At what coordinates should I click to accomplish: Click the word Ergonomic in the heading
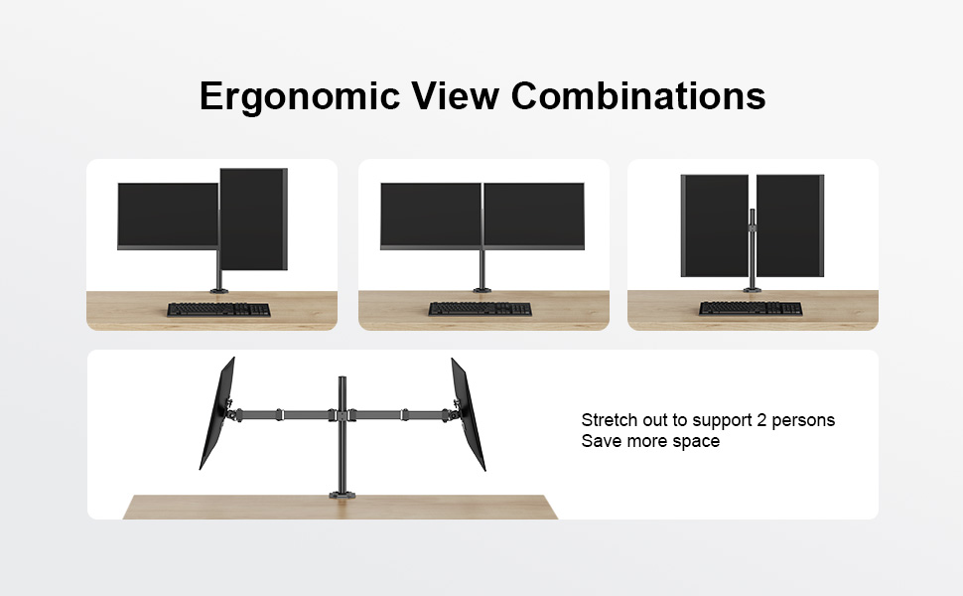(x=300, y=97)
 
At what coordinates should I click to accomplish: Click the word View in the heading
(x=455, y=95)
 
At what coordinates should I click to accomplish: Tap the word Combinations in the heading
(x=638, y=95)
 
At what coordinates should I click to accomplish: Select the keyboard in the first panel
(x=218, y=309)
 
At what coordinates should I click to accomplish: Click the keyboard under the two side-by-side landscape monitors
(x=481, y=309)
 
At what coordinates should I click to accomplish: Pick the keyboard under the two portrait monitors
(x=751, y=308)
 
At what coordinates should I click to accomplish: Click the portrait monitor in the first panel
(x=253, y=220)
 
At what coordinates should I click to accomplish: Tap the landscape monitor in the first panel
(x=168, y=217)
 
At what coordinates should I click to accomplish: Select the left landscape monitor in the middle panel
(x=431, y=217)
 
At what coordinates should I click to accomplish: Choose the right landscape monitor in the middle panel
(x=534, y=217)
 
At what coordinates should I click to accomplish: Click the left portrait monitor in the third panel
(x=715, y=226)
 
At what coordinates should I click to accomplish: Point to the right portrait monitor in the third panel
(x=790, y=226)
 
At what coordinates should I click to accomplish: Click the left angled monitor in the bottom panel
(x=217, y=413)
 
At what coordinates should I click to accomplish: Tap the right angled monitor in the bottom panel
(x=469, y=414)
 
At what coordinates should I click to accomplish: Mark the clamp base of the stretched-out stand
(x=343, y=494)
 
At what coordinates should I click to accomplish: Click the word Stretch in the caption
(x=610, y=420)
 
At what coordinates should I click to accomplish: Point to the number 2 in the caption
(x=760, y=420)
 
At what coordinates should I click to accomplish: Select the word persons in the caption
(x=803, y=421)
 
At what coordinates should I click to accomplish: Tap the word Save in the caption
(x=601, y=441)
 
